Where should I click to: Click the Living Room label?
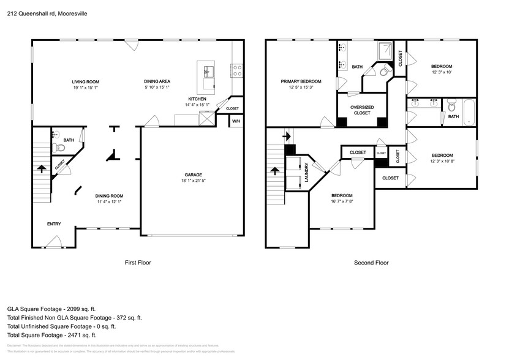click(85, 81)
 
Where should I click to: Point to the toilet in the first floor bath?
click(59, 148)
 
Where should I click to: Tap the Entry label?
click(54, 224)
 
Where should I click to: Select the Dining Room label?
click(109, 196)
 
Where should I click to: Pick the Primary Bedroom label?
click(301, 81)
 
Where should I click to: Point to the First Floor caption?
click(138, 262)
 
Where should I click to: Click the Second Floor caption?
click(371, 262)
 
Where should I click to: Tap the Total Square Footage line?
click(51, 335)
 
